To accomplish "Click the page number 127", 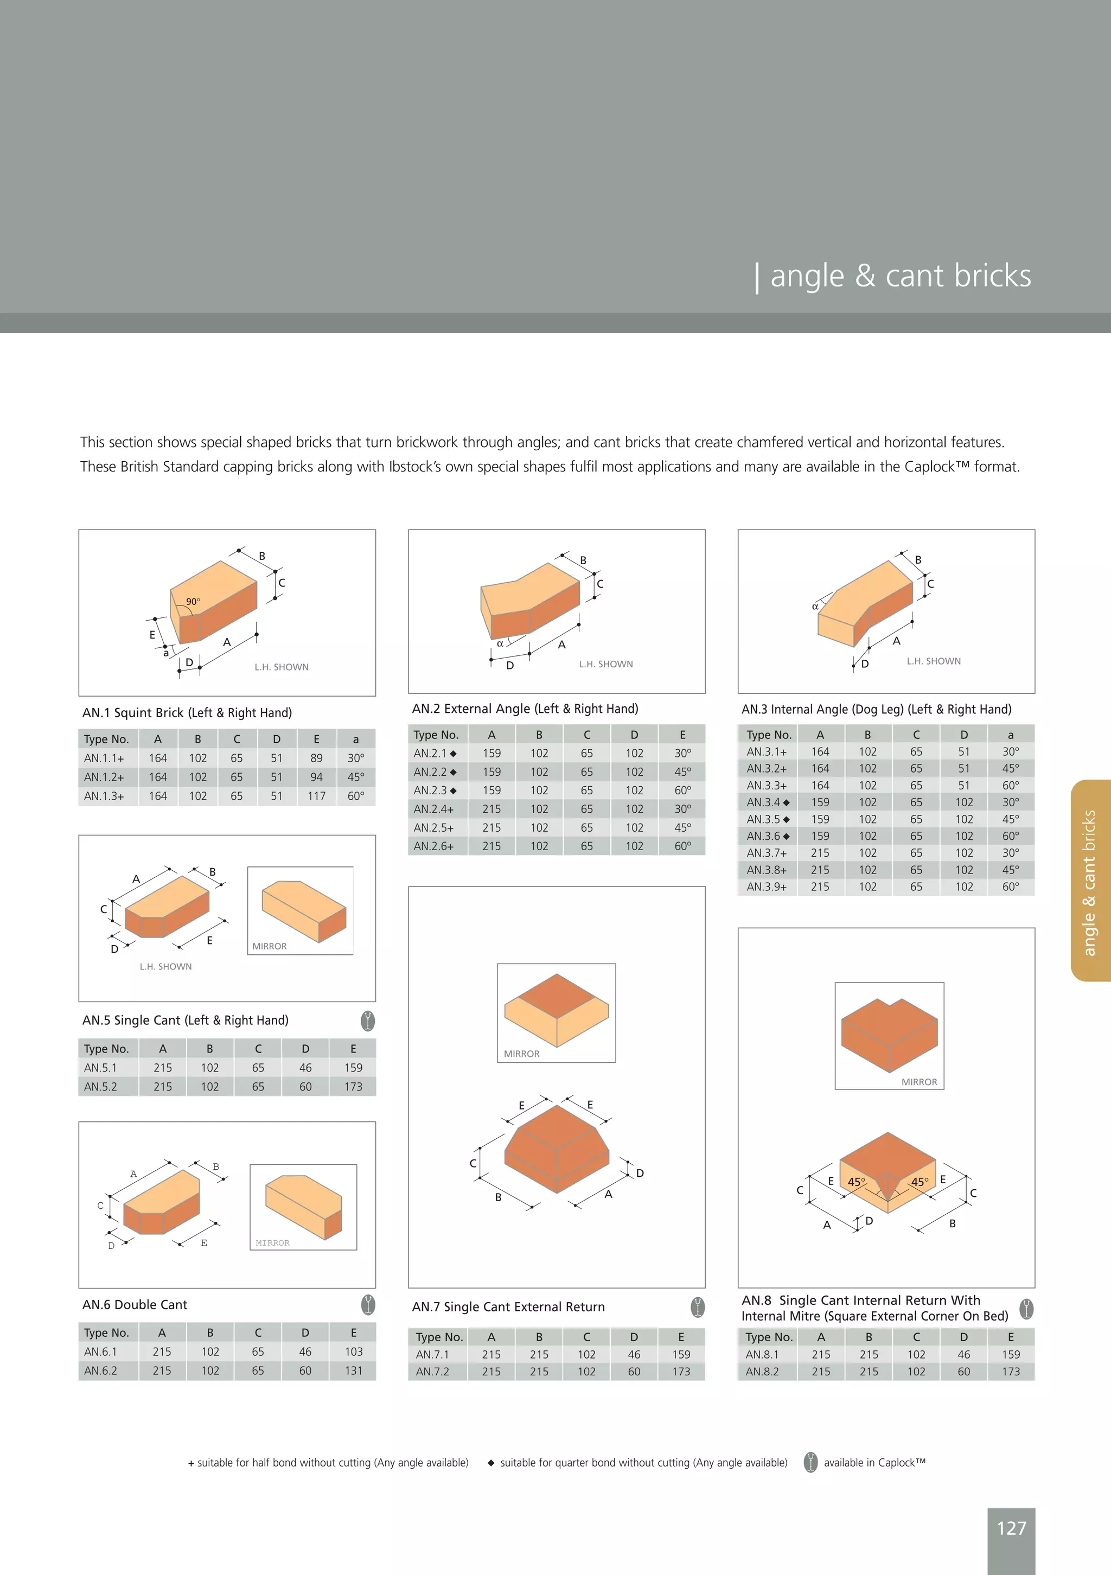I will tap(1011, 1528).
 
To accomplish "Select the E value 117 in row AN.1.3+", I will tap(316, 796).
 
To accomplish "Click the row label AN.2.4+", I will tap(433, 809).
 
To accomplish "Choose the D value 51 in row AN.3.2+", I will tap(963, 768).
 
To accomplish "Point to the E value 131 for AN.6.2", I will tap(353, 1370).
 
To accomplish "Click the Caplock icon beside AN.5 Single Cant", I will tap(368, 1021).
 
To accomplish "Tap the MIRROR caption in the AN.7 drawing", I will tap(521, 1054).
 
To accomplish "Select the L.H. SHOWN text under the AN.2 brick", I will tap(605, 664).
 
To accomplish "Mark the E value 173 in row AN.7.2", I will tap(681, 1371).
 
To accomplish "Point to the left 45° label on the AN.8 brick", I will tap(857, 1182).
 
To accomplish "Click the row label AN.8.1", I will tap(762, 1355).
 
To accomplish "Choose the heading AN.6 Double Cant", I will tap(135, 1305).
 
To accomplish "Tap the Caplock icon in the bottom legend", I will tap(810, 1463).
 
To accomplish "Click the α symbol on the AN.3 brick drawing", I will tap(815, 607).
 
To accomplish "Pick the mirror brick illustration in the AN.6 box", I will tap(304, 1207).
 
